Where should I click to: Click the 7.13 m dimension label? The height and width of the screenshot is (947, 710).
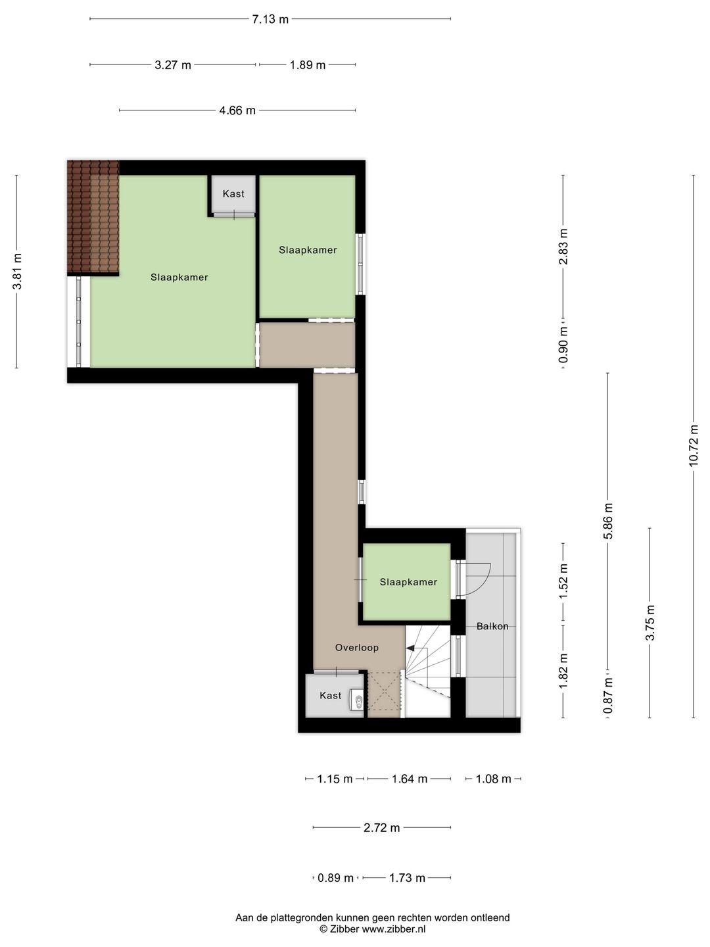[270, 20]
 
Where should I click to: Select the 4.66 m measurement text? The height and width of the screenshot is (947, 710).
[237, 110]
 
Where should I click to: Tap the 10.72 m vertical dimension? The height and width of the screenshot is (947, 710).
[693, 446]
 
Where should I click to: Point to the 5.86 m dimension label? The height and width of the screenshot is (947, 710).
[608, 521]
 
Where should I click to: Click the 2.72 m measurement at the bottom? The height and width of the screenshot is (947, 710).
[381, 828]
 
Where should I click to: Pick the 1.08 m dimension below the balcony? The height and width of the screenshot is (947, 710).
[493, 779]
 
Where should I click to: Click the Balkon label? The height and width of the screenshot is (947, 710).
[492, 626]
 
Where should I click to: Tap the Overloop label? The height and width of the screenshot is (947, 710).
[357, 648]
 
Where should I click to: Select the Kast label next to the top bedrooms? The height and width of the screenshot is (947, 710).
[233, 194]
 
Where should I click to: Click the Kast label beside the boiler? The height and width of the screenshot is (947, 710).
[331, 696]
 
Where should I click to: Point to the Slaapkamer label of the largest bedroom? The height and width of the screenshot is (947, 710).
[179, 278]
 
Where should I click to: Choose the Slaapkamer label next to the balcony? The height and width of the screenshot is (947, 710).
[408, 582]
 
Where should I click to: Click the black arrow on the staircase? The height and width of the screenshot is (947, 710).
[410, 648]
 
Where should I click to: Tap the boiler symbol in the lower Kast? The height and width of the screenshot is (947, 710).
[357, 699]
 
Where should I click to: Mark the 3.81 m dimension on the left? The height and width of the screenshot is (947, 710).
[17, 272]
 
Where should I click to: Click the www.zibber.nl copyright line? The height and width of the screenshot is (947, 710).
[373, 929]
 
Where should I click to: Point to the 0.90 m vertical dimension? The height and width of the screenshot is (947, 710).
[563, 345]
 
